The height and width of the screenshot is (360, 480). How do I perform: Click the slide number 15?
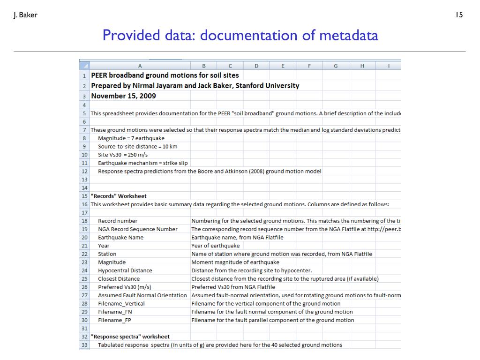459,15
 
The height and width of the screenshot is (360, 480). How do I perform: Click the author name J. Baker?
25,15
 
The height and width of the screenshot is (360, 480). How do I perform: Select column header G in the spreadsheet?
336,66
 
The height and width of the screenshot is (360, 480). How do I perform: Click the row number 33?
84,345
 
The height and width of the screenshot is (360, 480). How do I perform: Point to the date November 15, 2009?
123,96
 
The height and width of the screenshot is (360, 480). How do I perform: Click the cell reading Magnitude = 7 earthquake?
131,138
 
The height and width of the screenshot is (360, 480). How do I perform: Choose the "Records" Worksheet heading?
119,196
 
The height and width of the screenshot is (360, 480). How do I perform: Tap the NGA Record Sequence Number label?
138,229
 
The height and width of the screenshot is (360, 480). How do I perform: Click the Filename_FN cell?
115,312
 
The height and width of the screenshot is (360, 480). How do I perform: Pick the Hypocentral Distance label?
125,270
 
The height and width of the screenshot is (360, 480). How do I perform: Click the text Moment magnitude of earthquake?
235,262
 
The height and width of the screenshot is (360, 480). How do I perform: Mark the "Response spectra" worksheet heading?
130,337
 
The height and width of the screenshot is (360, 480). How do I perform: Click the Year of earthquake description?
216,246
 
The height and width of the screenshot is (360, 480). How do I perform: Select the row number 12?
84,171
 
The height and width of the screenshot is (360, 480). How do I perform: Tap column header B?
203,66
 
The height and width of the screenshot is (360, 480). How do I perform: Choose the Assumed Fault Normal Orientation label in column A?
142,295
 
